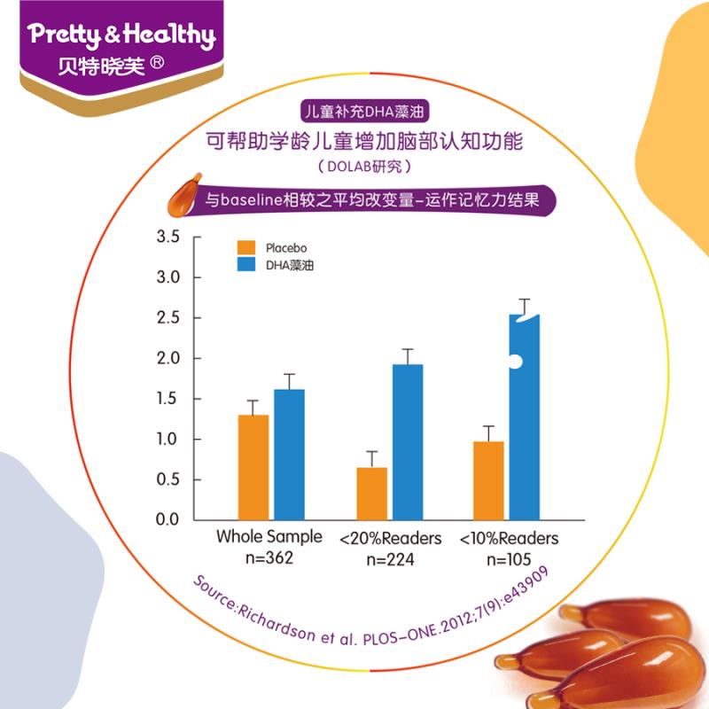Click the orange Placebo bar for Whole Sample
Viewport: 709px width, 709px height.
[x=253, y=467]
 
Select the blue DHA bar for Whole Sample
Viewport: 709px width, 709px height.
[x=289, y=455]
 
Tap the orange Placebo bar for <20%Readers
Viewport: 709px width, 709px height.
[x=371, y=493]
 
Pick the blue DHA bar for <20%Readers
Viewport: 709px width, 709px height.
[x=408, y=442]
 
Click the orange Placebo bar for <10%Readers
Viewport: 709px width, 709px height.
[x=488, y=480]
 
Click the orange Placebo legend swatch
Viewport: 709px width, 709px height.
[x=245, y=247]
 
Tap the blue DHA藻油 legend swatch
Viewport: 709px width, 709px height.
[x=245, y=265]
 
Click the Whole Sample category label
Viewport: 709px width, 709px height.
[x=269, y=539]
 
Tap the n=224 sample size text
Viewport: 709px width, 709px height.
[x=390, y=559]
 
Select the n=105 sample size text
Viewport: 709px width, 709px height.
[x=509, y=559]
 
